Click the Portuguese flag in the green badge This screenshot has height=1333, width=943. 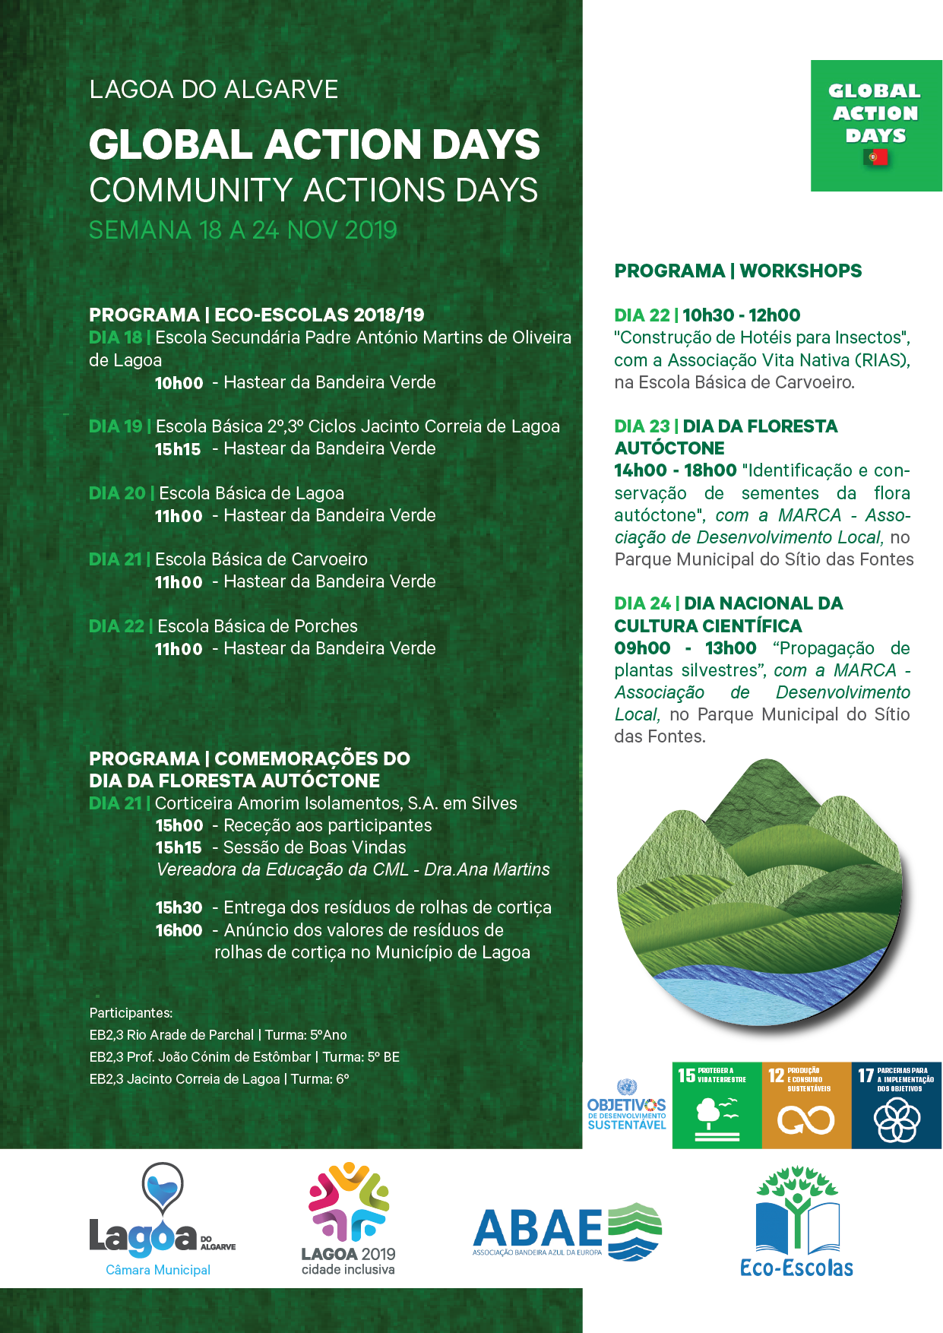pos(875,157)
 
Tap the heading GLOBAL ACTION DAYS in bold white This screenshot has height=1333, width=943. pos(314,144)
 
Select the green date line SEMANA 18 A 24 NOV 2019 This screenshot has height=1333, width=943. pos(243,230)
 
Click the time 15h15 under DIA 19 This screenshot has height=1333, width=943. pos(178,449)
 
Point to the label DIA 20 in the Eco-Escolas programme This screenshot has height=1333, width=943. pos(117,493)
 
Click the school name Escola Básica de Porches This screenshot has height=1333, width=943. pos(257,626)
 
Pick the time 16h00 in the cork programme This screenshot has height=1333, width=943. pos(179,930)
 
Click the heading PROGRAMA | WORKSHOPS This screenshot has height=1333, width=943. pos(738,271)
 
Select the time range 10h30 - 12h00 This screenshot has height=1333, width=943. pos(741,315)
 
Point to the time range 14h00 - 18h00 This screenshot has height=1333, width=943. pos(676,471)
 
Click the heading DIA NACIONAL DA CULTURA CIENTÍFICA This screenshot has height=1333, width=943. pos(729,614)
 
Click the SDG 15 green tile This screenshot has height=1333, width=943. pos(717,1105)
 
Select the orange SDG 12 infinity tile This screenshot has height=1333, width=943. pos(806,1105)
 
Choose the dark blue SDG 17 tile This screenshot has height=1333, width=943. pos(896,1105)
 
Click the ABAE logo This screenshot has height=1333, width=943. pos(566,1230)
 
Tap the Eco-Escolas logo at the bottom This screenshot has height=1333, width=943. pos(796,1222)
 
